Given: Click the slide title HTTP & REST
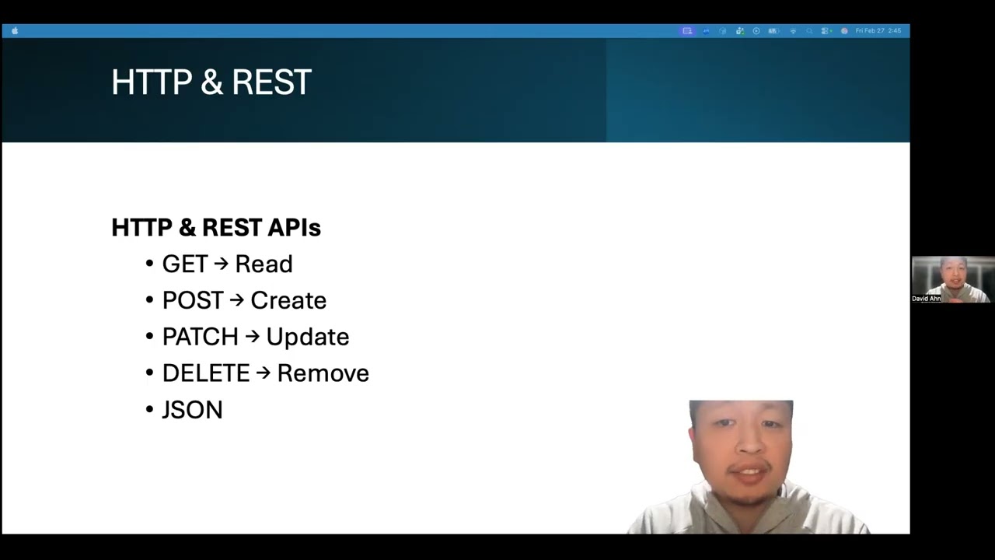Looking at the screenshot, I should (211, 82).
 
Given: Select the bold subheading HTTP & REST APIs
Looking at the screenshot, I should (216, 227).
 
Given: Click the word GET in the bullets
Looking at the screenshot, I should (185, 264).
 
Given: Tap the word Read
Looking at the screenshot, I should (264, 264).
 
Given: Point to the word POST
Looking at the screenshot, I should (193, 301).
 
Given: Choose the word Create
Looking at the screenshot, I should (288, 301).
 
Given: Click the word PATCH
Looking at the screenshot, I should (201, 338).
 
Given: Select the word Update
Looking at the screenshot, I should (308, 338).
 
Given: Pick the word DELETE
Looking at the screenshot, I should (206, 373).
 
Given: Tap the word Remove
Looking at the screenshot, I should (323, 373).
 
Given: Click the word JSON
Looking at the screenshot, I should (192, 410).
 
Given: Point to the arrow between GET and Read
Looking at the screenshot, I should (222, 264).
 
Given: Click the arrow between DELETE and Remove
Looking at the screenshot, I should (264, 373).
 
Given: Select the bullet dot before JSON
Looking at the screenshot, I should (150, 409).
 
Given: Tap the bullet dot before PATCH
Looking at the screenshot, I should (150, 337).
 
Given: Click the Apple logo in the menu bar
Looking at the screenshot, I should (15, 31).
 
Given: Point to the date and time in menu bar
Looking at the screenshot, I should (878, 31).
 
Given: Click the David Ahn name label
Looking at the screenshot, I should (927, 299).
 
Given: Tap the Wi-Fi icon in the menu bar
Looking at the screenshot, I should (793, 31).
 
